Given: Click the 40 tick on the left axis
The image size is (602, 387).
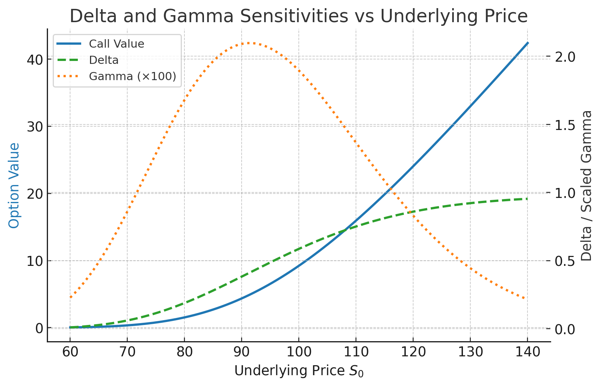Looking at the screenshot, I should click(x=34, y=59).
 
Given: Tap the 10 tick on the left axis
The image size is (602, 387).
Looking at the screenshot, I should click(x=34, y=261).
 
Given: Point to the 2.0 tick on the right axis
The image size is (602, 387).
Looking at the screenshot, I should click(x=566, y=57).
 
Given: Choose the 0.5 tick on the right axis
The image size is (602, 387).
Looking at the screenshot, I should click(x=566, y=261).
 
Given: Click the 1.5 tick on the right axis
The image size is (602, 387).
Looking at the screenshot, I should click(x=566, y=125).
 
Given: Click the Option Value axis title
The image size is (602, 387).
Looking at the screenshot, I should click(x=14, y=185).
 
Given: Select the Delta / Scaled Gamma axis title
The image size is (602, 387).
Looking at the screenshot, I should click(x=587, y=185).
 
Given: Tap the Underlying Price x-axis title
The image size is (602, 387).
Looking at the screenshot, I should click(x=299, y=371).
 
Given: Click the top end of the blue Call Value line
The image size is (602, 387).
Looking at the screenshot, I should click(x=527, y=43).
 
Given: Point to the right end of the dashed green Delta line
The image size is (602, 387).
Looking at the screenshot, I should click(x=527, y=199).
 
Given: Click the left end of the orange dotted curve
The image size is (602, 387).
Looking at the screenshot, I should click(x=70, y=297).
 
